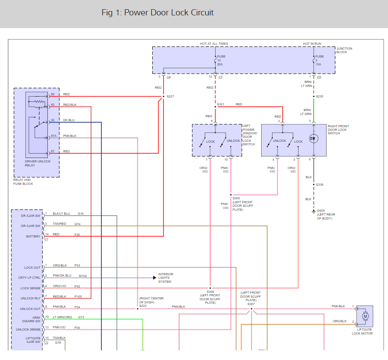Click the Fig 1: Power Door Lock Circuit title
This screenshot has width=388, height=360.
(158, 13)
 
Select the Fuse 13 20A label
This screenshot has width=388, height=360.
(221, 61)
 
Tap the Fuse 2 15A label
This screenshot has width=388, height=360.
(319, 61)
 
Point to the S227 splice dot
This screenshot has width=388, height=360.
(164, 96)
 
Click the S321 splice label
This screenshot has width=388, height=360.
(221, 104)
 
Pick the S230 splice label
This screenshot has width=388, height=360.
(320, 96)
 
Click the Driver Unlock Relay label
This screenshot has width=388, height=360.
(38, 163)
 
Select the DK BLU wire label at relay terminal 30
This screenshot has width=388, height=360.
(69, 120)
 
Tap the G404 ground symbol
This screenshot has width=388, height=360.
(313, 212)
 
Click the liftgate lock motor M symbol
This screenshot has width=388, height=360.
(365, 316)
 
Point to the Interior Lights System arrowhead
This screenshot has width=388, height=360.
(155, 277)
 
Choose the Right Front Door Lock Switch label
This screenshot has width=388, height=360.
(338, 130)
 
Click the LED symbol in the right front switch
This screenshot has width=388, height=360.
(313, 138)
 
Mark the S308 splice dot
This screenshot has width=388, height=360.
(210, 288)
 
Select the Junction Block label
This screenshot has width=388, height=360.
(344, 50)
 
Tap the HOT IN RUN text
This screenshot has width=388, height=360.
(312, 43)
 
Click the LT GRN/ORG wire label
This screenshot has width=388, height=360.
(62, 317)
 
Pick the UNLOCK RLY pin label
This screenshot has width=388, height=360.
(30, 299)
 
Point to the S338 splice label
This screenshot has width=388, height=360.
(320, 185)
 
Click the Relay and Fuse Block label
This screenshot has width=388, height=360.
(23, 182)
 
